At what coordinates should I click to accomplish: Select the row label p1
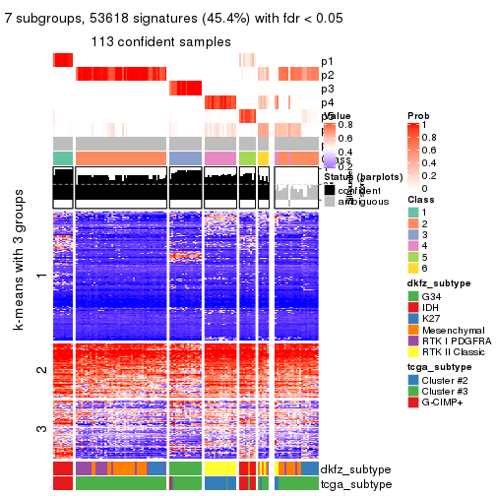click(x=327, y=61)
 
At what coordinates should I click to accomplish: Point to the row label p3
click(x=327, y=89)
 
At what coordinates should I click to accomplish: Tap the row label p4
click(x=327, y=102)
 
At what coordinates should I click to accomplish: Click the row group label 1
click(x=40, y=277)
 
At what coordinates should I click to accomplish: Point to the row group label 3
click(x=40, y=428)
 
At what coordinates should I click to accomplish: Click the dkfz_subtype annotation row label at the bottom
click(x=355, y=468)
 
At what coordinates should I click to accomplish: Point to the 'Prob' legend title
click(x=418, y=116)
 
